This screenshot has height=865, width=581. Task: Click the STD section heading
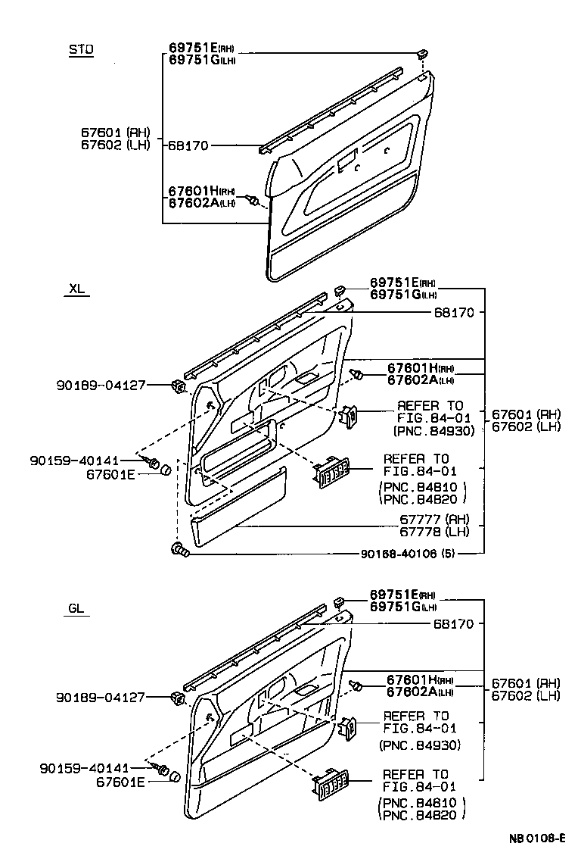tap(81, 50)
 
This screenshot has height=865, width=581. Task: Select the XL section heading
tap(77, 289)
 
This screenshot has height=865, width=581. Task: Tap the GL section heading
tap(76, 607)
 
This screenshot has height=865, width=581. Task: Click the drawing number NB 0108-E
tap(537, 838)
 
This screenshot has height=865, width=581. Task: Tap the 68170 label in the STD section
tap(188, 145)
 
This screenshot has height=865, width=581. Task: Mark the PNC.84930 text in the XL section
tap(434, 430)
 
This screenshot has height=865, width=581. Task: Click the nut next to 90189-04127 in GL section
tap(179, 698)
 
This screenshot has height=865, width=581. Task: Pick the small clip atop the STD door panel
tap(421, 54)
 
